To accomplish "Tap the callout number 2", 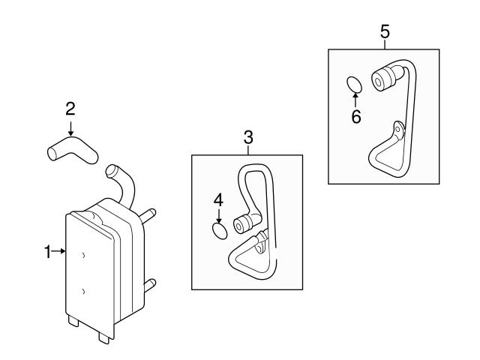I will [x=70, y=108].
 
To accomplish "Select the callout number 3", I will [x=248, y=137].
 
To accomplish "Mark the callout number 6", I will [x=356, y=116].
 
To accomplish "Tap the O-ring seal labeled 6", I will [x=356, y=84].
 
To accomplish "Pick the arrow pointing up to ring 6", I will [x=356, y=100].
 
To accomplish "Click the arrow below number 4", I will [x=218, y=215].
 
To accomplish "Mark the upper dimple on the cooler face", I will [x=83, y=256].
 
